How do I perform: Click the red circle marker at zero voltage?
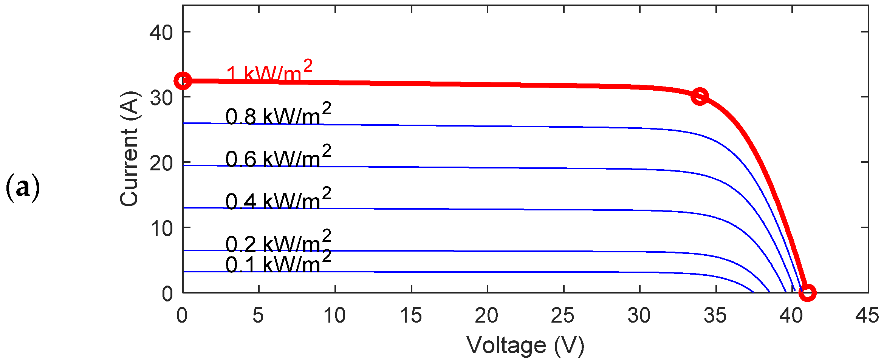[x=183, y=81]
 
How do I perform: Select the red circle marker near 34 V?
[x=700, y=96]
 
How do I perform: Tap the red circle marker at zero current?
[x=807, y=292]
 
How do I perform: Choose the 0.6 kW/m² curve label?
[x=278, y=156]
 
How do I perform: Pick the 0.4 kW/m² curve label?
[x=278, y=199]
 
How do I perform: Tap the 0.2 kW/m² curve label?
[x=278, y=241]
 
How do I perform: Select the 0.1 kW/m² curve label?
[x=278, y=262]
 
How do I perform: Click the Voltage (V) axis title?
[x=525, y=345]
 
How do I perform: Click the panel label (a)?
[x=23, y=188]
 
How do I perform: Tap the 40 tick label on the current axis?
[x=161, y=33]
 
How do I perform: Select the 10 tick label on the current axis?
[x=161, y=229]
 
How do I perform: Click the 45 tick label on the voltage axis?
[x=867, y=315]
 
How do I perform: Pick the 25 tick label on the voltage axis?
[x=563, y=315]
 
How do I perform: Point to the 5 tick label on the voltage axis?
[x=258, y=315]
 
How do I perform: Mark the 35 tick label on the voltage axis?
[x=715, y=315]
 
